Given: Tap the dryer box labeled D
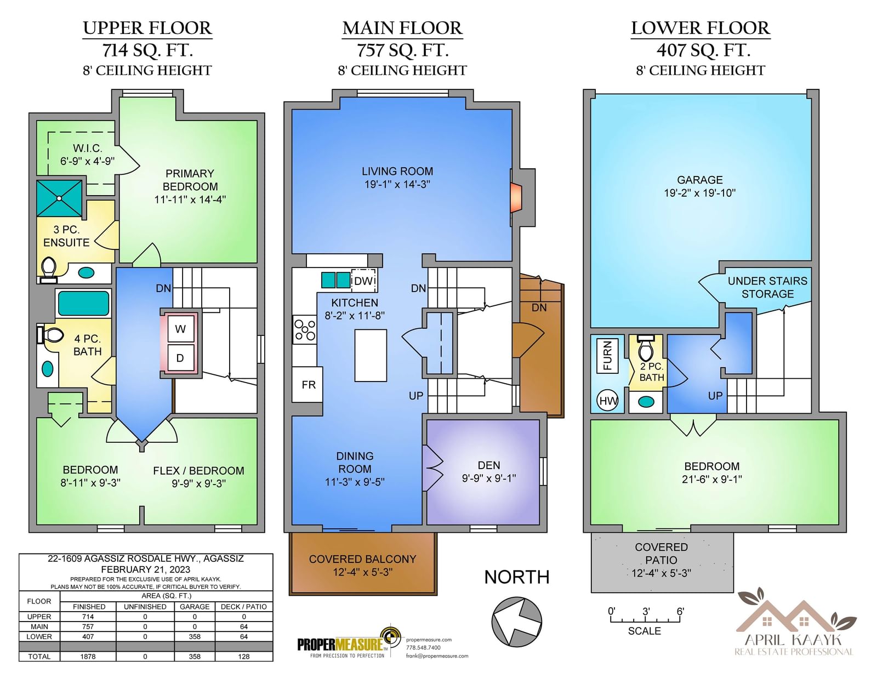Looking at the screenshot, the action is [x=180, y=357].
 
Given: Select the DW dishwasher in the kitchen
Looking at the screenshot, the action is [x=364, y=281].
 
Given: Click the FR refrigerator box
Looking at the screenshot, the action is [x=307, y=384].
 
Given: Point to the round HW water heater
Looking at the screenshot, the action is [x=607, y=401].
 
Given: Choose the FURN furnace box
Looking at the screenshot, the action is [x=607, y=356].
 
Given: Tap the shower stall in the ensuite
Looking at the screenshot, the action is [x=59, y=198].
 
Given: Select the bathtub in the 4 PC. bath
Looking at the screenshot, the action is [x=83, y=303].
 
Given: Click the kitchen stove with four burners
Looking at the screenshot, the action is [x=305, y=330].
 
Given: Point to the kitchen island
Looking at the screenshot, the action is [x=371, y=355].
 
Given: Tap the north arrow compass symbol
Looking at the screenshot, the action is [x=516, y=622].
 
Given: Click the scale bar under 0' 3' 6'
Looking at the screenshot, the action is [x=645, y=619].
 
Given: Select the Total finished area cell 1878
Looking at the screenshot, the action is [x=88, y=656].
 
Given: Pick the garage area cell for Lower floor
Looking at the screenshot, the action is [x=195, y=636].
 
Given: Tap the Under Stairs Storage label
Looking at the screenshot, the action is [x=767, y=287].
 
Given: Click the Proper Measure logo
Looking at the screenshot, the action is [x=350, y=643].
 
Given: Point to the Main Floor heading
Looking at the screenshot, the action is [x=402, y=29].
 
